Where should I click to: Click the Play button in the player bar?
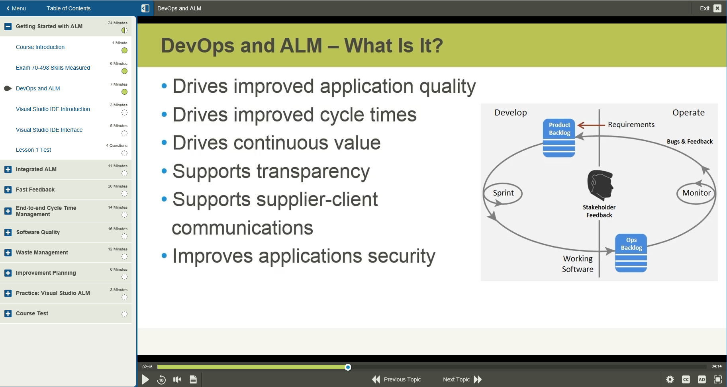click(145, 379)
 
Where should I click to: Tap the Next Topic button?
click(462, 379)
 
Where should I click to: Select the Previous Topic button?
click(396, 379)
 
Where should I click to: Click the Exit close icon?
click(717, 8)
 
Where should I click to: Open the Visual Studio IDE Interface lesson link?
click(49, 130)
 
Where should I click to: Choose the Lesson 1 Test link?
click(33, 150)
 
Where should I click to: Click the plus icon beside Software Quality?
click(8, 233)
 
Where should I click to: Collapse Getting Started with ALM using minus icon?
click(8, 27)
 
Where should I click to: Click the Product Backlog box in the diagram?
click(559, 138)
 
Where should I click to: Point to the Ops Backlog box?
click(631, 253)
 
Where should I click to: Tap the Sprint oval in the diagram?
click(503, 193)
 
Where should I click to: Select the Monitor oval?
click(696, 193)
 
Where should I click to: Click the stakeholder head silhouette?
click(600, 185)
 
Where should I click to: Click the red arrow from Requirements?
click(591, 125)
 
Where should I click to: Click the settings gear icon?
click(670, 379)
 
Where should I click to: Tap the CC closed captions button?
click(686, 379)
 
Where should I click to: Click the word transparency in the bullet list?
click(313, 172)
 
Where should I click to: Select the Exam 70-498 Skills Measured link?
click(53, 68)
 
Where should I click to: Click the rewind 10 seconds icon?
click(161, 379)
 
